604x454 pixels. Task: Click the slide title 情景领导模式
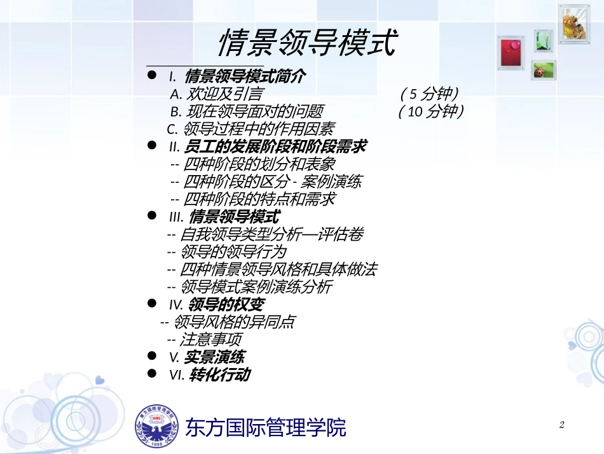(308, 43)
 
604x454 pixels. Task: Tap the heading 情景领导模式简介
(245, 77)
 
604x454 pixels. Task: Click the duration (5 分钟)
(430, 95)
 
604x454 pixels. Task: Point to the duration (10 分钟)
(431, 112)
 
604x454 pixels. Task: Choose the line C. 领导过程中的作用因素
(250, 129)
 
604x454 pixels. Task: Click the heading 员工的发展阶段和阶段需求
(275, 147)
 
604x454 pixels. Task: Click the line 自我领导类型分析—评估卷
(264, 234)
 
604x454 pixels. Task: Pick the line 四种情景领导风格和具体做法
(271, 269)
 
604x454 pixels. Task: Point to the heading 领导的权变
(226, 305)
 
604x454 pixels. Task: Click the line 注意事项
(203, 339)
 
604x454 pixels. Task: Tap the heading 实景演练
(214, 357)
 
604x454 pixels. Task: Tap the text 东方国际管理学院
(266, 427)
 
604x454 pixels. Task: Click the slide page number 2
(561, 425)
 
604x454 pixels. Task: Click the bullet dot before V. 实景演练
(152, 356)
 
